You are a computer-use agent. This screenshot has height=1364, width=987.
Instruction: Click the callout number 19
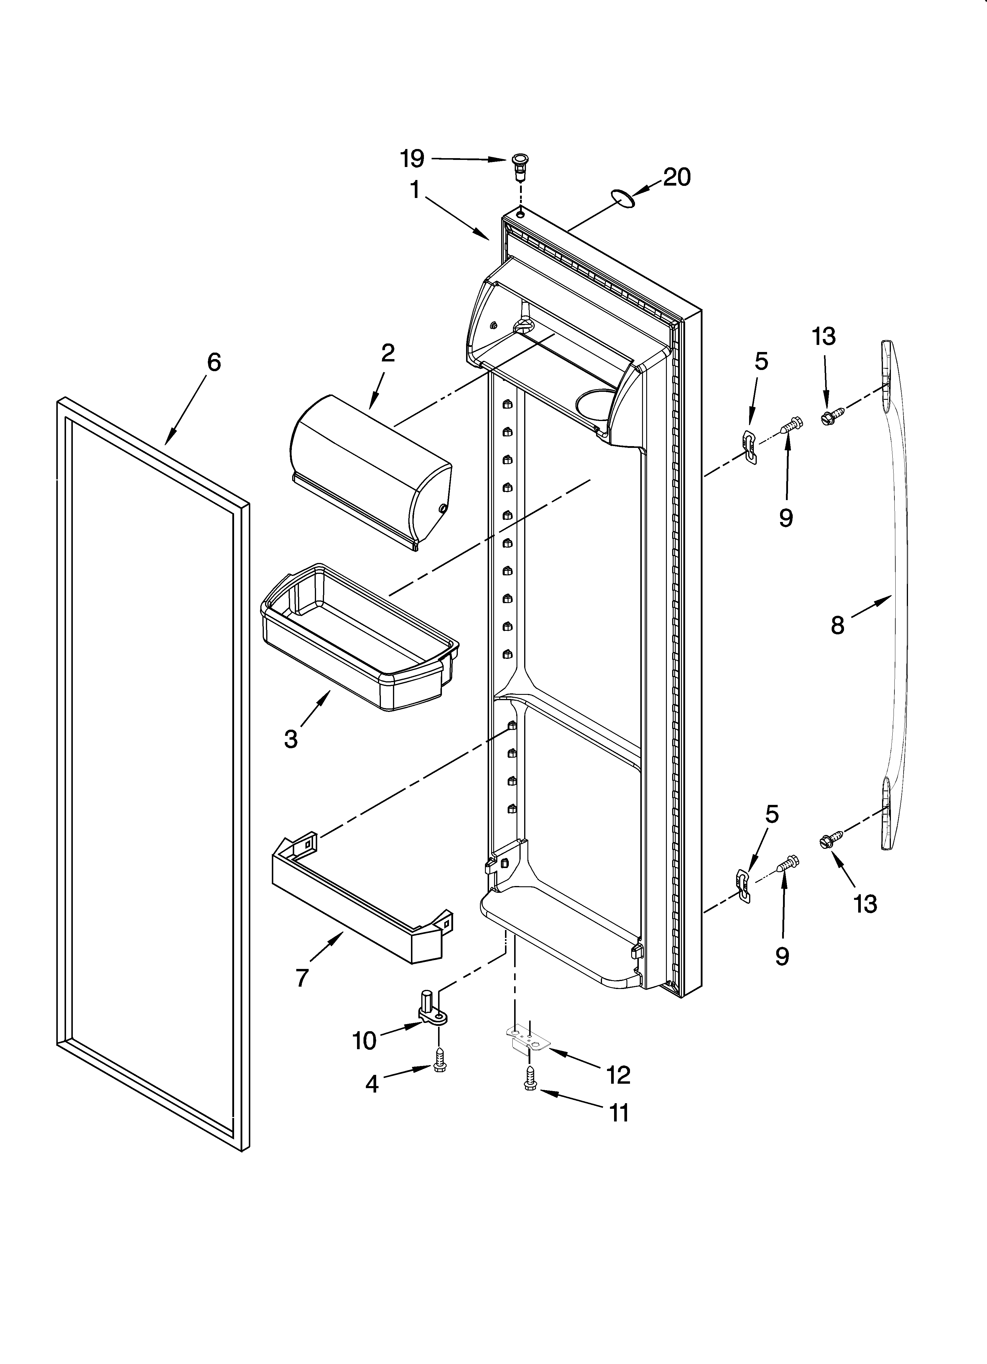coord(412,159)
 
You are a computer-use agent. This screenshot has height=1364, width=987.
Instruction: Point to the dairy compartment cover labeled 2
coord(370,471)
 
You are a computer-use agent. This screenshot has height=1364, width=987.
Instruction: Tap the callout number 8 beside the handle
coord(837,625)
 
